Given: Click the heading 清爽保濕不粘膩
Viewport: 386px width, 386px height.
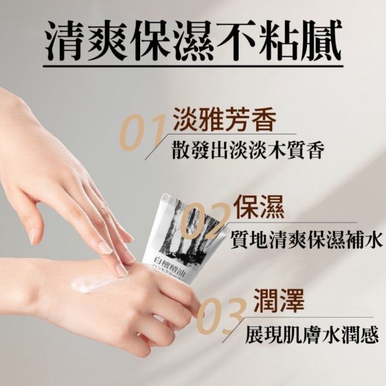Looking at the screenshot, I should point(193,40).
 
